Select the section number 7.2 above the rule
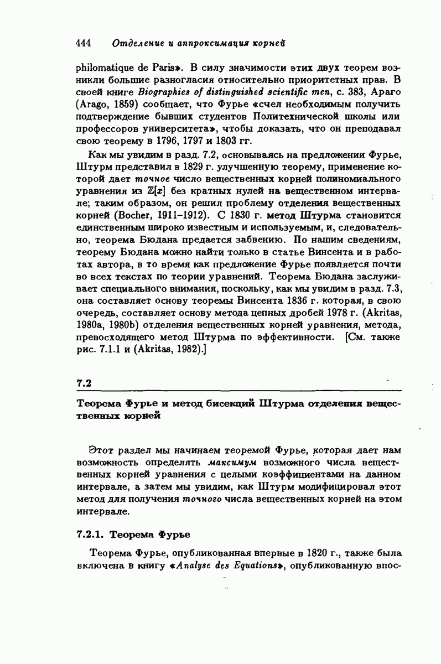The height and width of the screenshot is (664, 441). tap(83, 382)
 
